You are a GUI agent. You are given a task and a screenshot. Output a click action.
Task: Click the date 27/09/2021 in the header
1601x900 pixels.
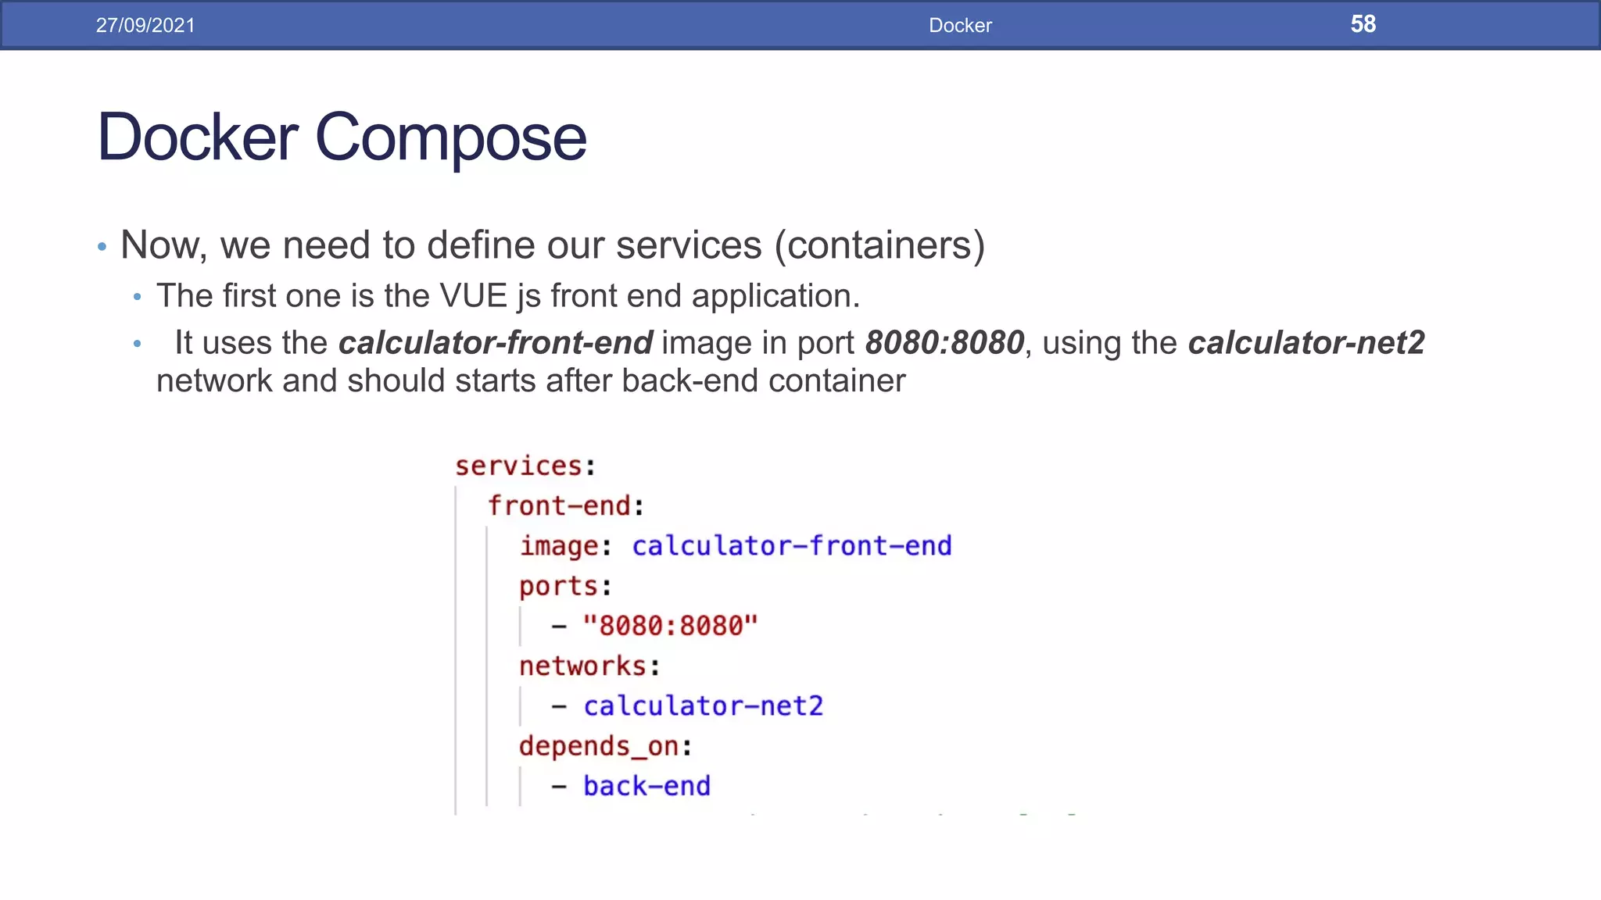pyautogui.click(x=145, y=25)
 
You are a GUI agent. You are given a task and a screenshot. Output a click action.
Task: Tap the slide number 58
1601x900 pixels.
pyautogui.click(x=1363, y=24)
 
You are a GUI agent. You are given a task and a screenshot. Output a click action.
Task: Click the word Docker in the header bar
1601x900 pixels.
pyautogui.click(x=960, y=25)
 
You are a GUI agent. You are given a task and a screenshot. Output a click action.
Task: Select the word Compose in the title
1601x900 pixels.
pyautogui.click(x=450, y=137)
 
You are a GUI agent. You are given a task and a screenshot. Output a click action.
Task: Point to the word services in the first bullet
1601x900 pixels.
pyautogui.click(x=688, y=245)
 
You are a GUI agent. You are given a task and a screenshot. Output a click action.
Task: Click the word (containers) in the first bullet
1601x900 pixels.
pyautogui.click(x=879, y=245)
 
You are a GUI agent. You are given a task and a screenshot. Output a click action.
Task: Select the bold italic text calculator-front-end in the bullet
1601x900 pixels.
pyautogui.click(x=496, y=343)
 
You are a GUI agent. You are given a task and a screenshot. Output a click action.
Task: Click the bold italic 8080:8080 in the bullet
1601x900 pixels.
pyautogui.click(x=944, y=343)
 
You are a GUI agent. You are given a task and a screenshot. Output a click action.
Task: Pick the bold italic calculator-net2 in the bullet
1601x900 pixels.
pyautogui.click(x=1306, y=343)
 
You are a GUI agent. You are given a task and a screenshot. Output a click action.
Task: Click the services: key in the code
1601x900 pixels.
pyautogui.click(x=525, y=466)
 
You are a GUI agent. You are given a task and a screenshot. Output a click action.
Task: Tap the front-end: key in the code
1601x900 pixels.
pyautogui.click(x=565, y=506)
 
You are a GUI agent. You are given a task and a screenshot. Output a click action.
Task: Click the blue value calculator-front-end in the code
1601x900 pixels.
pyautogui.click(x=792, y=546)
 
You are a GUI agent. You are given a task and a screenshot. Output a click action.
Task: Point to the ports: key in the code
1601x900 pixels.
pyautogui.click(x=565, y=586)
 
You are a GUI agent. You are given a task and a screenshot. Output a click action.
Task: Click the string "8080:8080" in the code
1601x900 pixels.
pyautogui.click(x=671, y=626)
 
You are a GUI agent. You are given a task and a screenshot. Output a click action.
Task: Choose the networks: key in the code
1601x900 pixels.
pyautogui.click(x=589, y=666)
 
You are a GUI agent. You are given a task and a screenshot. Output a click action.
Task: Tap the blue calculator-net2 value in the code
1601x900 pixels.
pyautogui.click(x=704, y=706)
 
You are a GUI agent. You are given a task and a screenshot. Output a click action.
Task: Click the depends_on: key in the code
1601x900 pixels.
pyautogui.click(x=605, y=747)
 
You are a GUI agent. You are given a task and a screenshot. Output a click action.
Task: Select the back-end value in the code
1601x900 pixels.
pyautogui.click(x=647, y=786)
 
